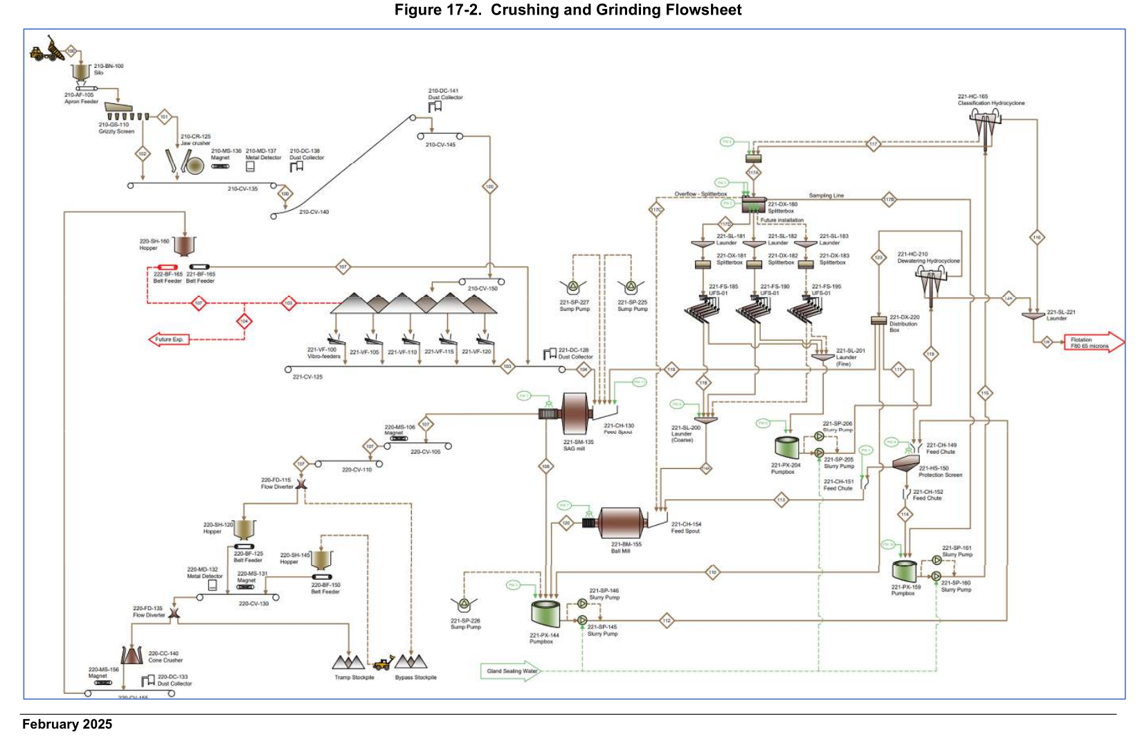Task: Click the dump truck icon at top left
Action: coord(46,50)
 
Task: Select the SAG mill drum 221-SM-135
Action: coord(575,413)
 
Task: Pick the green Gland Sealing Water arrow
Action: coord(511,671)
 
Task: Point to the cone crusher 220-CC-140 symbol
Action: coord(132,655)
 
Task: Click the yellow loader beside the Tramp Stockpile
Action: coord(383,664)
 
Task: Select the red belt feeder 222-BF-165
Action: coord(168,267)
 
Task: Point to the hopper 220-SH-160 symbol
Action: coord(184,246)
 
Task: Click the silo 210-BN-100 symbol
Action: coord(81,71)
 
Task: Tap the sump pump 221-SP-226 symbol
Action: coord(463,605)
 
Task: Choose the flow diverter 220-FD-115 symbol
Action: coord(301,484)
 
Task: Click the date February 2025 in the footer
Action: coord(67,724)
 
